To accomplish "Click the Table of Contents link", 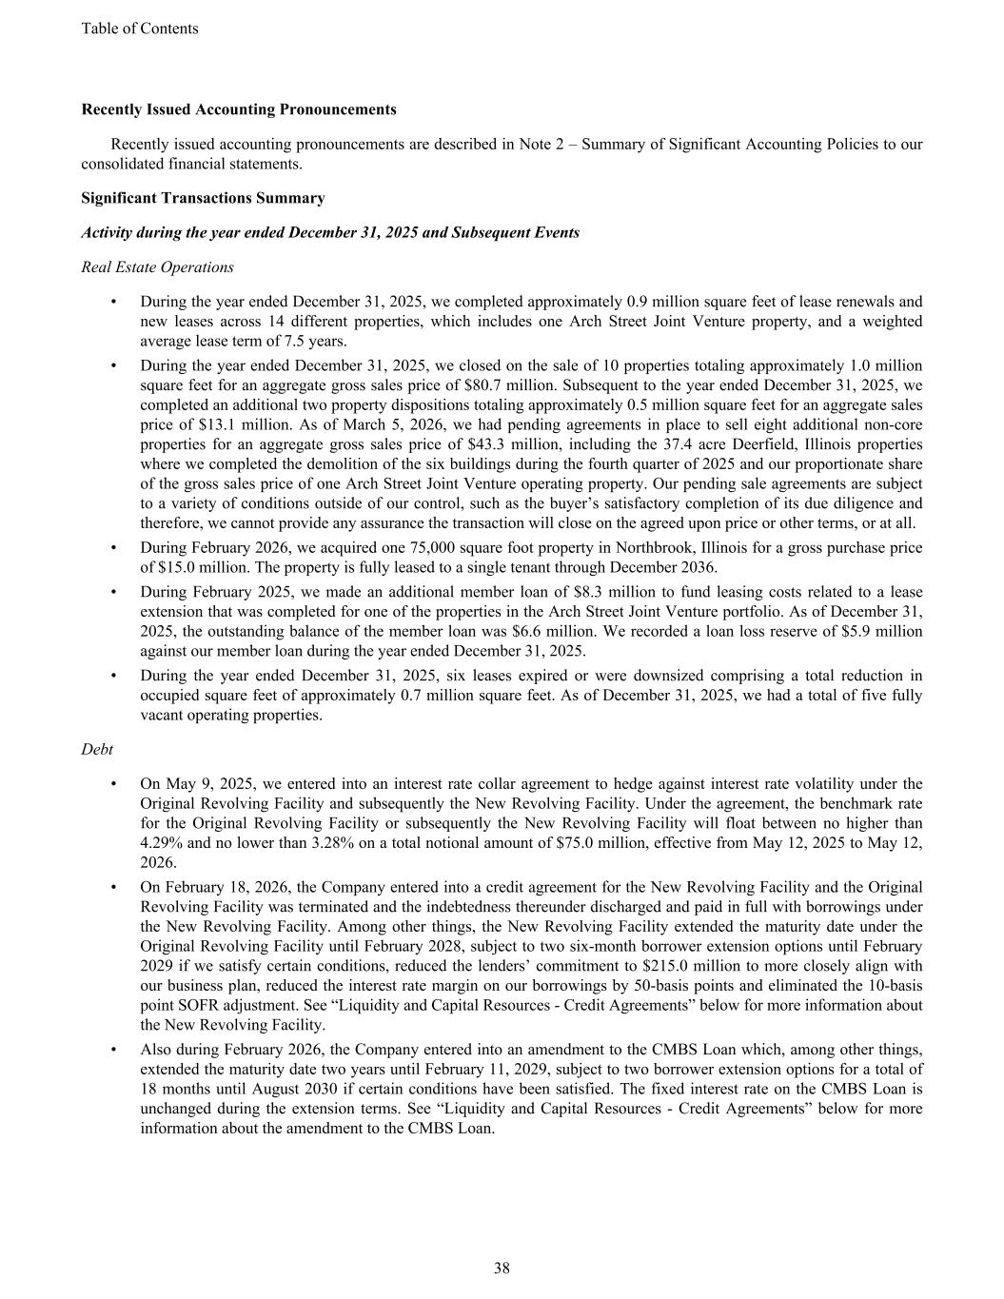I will (x=140, y=29).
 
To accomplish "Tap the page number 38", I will (x=502, y=1268).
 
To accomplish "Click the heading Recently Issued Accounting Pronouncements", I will (x=239, y=109).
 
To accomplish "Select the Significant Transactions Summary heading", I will (x=203, y=198).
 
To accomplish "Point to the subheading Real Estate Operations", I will (x=158, y=267).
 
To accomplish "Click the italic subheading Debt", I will (x=97, y=750).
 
